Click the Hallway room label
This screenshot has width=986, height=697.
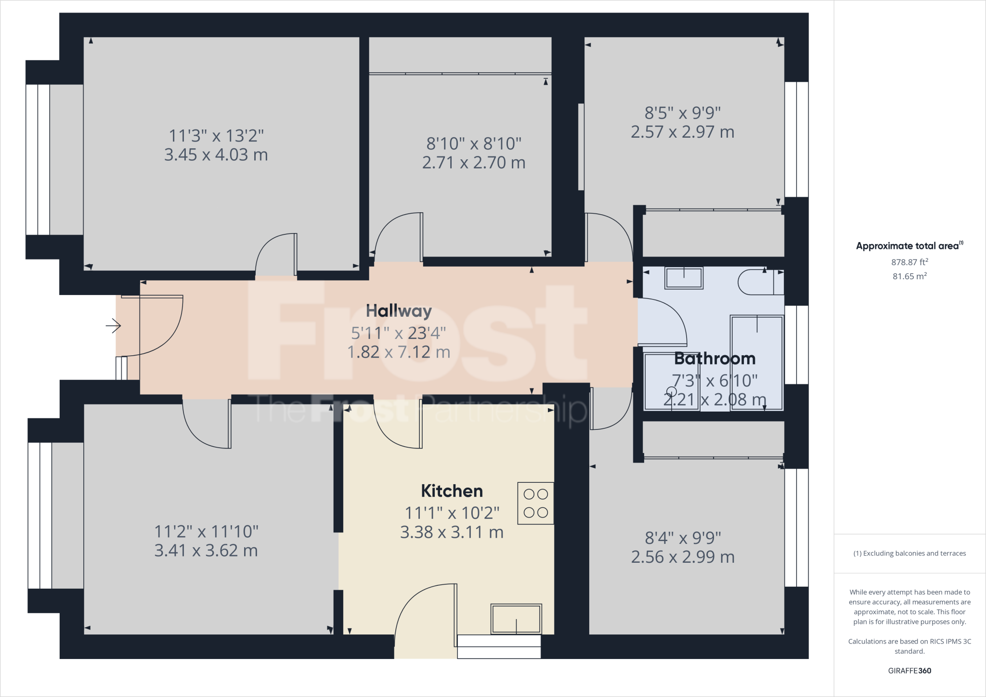(x=399, y=311)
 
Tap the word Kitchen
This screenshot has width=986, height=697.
(x=452, y=491)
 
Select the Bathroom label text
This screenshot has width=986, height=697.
(x=715, y=359)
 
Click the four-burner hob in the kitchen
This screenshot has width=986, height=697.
(x=535, y=503)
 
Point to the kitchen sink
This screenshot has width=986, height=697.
(x=516, y=619)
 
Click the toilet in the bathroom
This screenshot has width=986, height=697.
(x=761, y=282)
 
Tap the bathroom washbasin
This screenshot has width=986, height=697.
(x=684, y=278)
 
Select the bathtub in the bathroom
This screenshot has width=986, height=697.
(x=757, y=362)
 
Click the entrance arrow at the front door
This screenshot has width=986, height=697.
(x=113, y=326)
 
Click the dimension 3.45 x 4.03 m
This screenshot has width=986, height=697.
(x=216, y=155)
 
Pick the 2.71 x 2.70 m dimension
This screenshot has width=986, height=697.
(x=474, y=163)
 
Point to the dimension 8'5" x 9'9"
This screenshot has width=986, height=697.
(x=683, y=113)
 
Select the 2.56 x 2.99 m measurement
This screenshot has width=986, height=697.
(x=683, y=557)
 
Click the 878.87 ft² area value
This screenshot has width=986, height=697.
(x=909, y=262)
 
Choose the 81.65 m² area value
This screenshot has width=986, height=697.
(x=909, y=276)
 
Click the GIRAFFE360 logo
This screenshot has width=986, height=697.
(x=909, y=671)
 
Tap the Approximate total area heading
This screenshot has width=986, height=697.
(x=909, y=245)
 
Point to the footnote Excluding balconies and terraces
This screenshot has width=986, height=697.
(x=909, y=554)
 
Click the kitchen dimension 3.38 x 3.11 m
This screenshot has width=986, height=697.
(x=452, y=532)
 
